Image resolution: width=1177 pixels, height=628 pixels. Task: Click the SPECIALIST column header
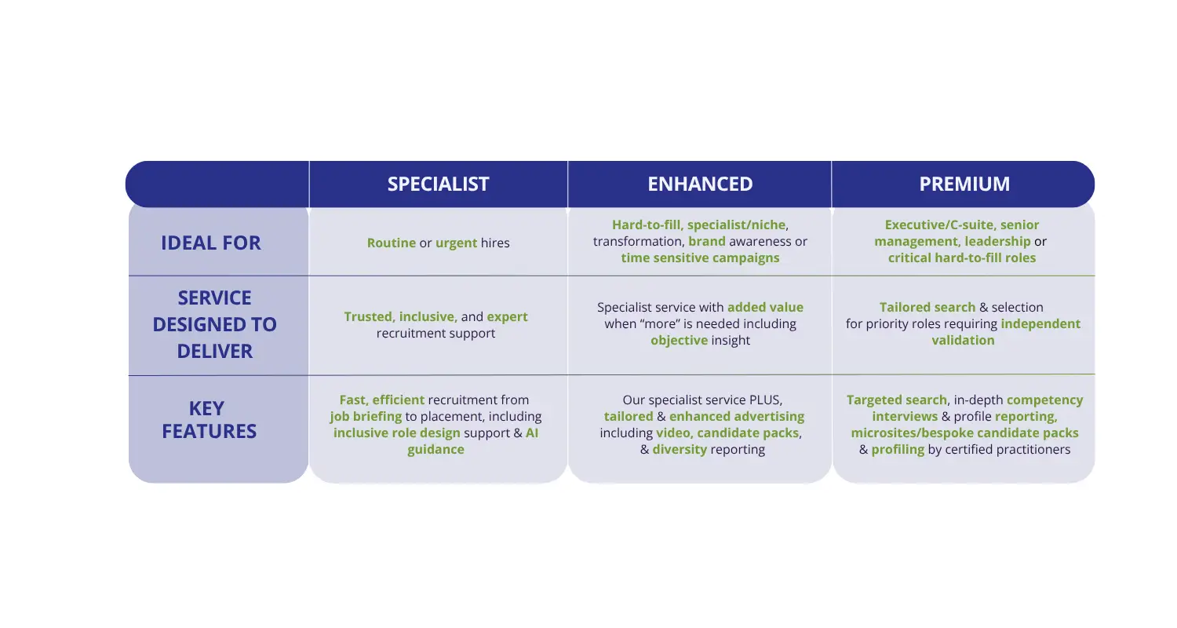pyautogui.click(x=438, y=184)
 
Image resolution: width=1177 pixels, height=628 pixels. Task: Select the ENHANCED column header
pyautogui.click(x=700, y=184)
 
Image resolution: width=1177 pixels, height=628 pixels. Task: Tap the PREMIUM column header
pyautogui.click(x=964, y=184)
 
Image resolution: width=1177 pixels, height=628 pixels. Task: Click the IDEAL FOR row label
pyautogui.click(x=211, y=243)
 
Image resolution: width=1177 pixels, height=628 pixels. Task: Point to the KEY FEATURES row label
pyautogui.click(x=210, y=419)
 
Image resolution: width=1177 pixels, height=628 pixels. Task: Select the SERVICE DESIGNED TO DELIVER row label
pyautogui.click(x=214, y=324)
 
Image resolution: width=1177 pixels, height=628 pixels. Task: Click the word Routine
pyautogui.click(x=392, y=243)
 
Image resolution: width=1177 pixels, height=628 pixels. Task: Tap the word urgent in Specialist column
pyautogui.click(x=456, y=243)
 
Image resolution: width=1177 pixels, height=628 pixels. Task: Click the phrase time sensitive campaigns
pyautogui.click(x=700, y=258)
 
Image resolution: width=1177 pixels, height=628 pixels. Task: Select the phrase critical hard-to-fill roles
pyautogui.click(x=961, y=258)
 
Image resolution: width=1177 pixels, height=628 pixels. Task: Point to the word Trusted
pyautogui.click(x=369, y=317)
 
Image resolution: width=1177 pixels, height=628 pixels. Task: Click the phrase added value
pyautogui.click(x=765, y=307)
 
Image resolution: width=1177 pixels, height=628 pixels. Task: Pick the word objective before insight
pyautogui.click(x=679, y=341)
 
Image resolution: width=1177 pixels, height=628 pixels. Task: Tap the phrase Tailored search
pyautogui.click(x=927, y=307)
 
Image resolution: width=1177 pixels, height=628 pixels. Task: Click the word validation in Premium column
pyautogui.click(x=963, y=340)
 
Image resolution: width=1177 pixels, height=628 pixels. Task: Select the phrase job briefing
pyautogui.click(x=366, y=417)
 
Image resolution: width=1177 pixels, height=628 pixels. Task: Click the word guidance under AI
pyautogui.click(x=435, y=450)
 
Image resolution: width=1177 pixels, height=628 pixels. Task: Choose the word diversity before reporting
pyautogui.click(x=680, y=450)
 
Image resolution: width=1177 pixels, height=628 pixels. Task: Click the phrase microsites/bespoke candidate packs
pyautogui.click(x=964, y=433)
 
